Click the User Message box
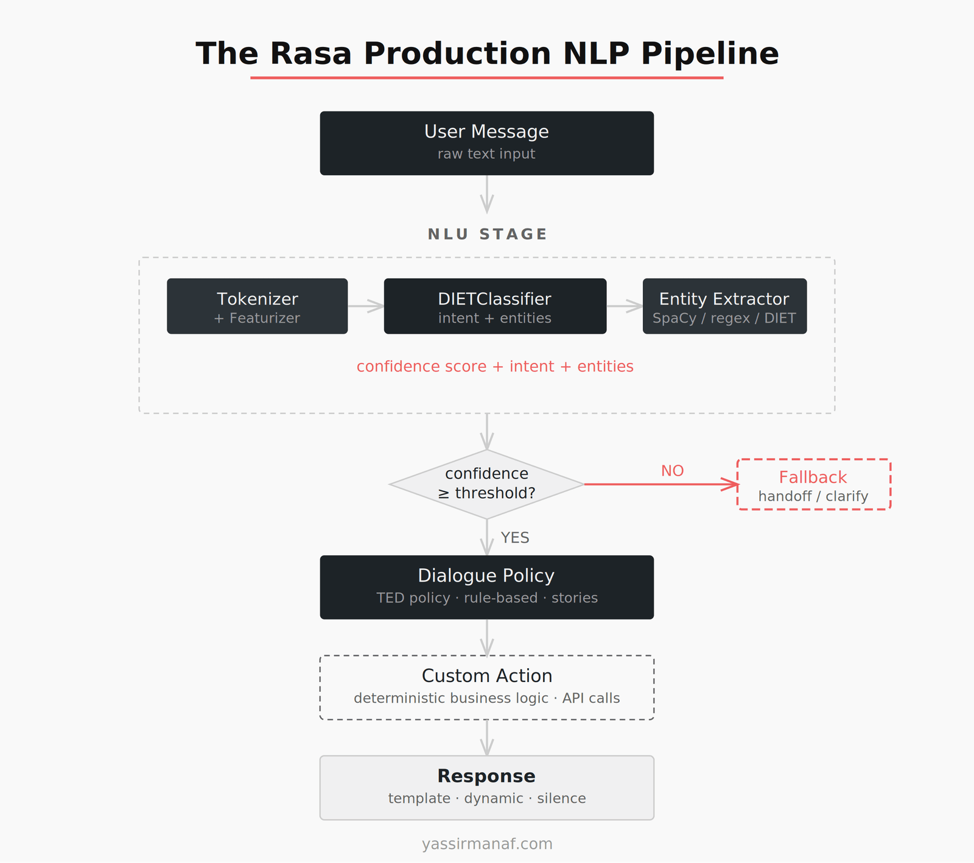point(486,143)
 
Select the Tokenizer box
point(257,306)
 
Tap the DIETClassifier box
point(495,306)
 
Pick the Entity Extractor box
point(724,306)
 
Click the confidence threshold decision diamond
point(486,484)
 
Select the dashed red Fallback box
point(813,485)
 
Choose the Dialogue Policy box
point(486,587)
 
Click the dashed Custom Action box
point(486,688)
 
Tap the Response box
point(486,787)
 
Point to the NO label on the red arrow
point(672,471)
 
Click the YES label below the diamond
point(515,538)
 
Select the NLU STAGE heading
point(487,234)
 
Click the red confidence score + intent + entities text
point(495,367)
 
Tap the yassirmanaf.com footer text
point(487,844)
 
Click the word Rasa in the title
point(310,54)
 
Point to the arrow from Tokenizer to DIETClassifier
point(365,306)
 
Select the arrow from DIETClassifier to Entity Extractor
point(625,306)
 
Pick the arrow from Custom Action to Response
point(486,738)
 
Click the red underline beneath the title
point(486,78)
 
